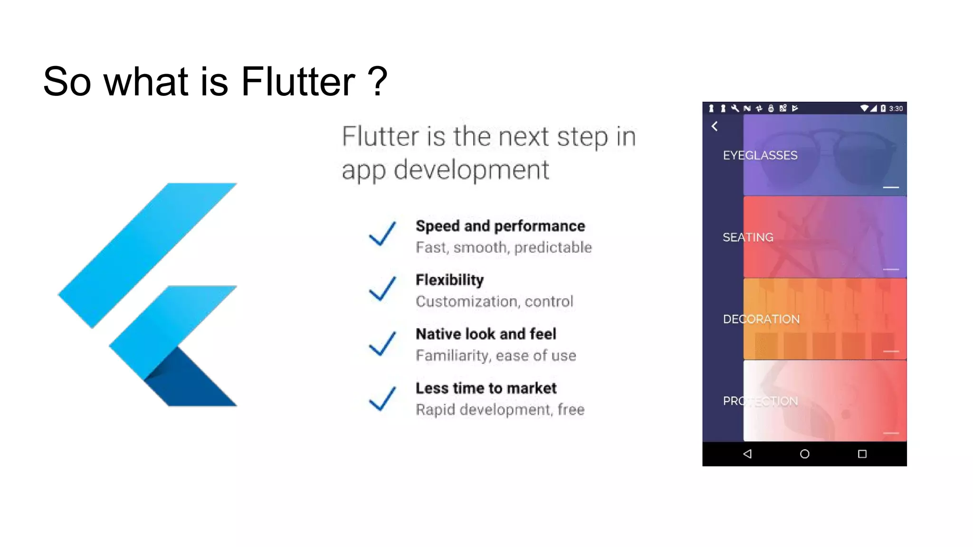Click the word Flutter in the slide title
[x=298, y=82]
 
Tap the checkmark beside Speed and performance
[x=382, y=234]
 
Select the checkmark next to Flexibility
[x=382, y=288]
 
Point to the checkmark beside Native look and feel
[x=382, y=343]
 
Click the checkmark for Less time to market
[x=382, y=397]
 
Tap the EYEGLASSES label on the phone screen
[x=760, y=155]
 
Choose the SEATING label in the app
[x=748, y=237]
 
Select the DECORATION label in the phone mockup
[x=761, y=319]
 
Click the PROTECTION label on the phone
[x=760, y=401]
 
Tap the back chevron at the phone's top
[x=715, y=126]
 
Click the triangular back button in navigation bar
[x=747, y=454]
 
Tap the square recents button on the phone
[x=862, y=454]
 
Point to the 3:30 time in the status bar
[x=896, y=109]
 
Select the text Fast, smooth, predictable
[x=504, y=247]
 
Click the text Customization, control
[x=494, y=302]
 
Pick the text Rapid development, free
[x=500, y=410]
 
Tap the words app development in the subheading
[x=445, y=170]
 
